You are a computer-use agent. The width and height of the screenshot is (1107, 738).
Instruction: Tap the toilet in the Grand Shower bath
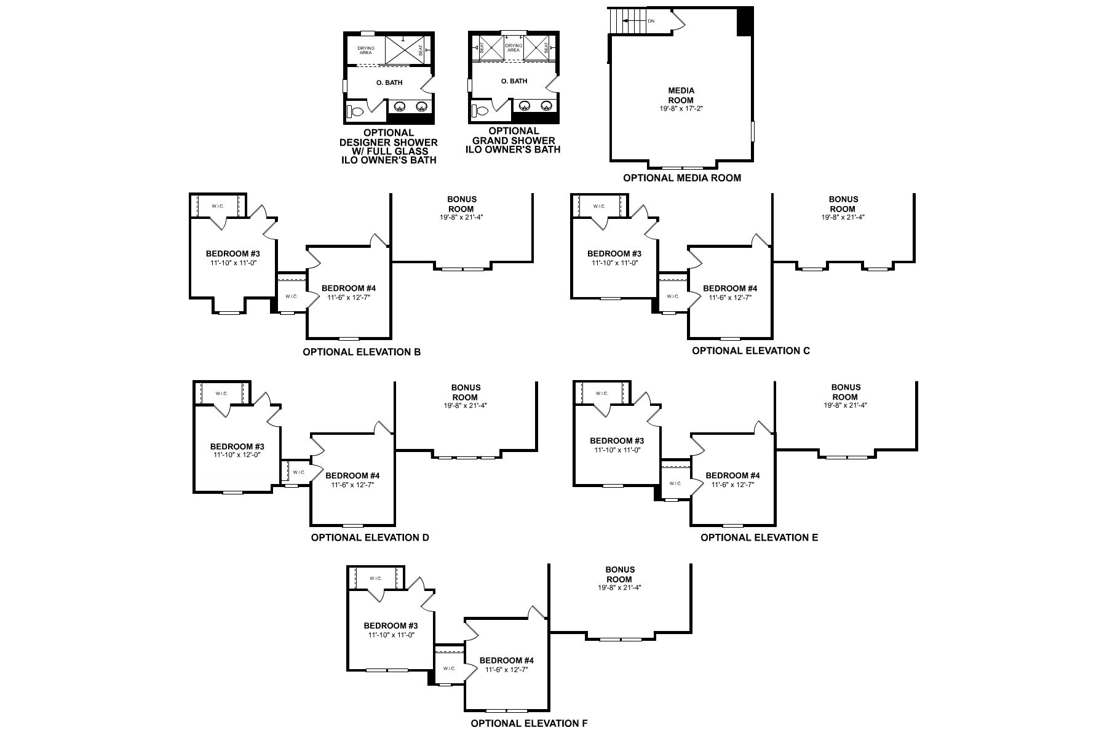(x=479, y=111)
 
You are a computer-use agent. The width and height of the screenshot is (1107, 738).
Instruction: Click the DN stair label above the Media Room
(x=651, y=21)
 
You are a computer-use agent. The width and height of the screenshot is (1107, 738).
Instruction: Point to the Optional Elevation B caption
(x=362, y=352)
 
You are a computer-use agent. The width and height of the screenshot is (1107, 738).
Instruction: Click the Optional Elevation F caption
(x=529, y=724)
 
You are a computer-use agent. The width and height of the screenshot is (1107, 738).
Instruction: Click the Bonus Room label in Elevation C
(x=843, y=204)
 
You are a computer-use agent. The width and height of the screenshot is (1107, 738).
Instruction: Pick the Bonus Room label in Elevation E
(x=846, y=392)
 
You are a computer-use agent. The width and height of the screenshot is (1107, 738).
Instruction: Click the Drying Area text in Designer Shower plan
(x=366, y=50)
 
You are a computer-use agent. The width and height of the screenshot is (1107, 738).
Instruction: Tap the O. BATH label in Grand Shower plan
(x=514, y=81)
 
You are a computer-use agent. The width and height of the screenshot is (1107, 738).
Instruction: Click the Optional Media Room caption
(x=682, y=178)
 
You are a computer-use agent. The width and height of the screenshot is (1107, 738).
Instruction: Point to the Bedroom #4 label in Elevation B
(x=349, y=288)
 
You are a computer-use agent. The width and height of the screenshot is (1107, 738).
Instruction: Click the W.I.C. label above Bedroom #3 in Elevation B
(x=218, y=207)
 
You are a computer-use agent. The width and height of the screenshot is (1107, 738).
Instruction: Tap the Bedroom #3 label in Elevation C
(x=614, y=253)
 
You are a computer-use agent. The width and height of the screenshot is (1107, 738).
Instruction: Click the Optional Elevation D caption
(x=370, y=538)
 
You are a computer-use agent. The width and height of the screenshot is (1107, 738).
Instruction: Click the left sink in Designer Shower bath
(x=399, y=106)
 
